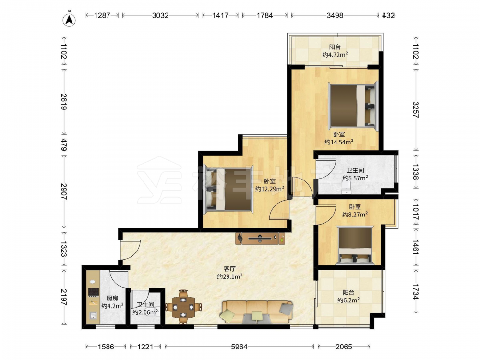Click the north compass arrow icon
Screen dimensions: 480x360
pos(69,20)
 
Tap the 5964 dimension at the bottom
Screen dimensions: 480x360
pos(239,347)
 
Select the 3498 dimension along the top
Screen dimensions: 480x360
pos(335,15)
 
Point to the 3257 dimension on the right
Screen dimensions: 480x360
pos(415,110)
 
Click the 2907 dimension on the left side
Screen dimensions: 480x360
pos(64,192)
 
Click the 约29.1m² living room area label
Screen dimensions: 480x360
pos(229,276)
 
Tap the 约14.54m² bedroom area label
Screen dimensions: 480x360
pos(339,142)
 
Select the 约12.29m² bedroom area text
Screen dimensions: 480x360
pos(270,189)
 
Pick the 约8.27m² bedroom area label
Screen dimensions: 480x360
pos(355,215)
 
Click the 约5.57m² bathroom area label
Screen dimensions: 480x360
pos(355,178)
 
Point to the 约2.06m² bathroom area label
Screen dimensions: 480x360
pos(145,312)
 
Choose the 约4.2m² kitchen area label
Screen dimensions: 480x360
pos(112,305)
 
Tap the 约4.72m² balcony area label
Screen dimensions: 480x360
pos(335,55)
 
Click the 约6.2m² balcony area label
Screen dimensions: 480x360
pos(348,300)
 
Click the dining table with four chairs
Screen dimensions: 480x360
pos(183,306)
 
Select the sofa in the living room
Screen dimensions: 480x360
pos(257,312)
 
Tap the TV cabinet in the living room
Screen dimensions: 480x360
pos(260,239)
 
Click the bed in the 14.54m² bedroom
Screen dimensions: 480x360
pos(353,105)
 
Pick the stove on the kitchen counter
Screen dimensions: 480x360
pos(94,292)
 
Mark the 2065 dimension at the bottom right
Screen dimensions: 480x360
pos(344,347)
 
